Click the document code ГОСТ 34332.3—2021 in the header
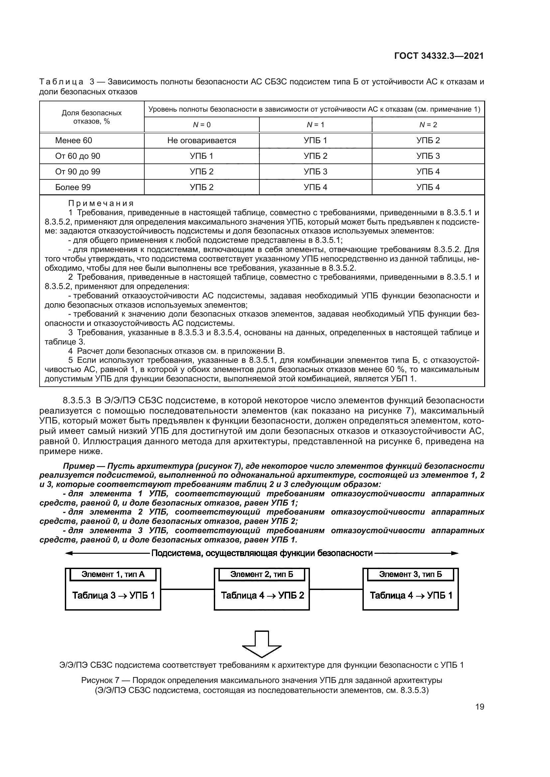pyautogui.click(x=439, y=56)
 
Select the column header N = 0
pyautogui.click(x=202, y=125)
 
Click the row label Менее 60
pyautogui.click(x=73, y=141)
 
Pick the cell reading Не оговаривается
pyautogui.click(x=202, y=141)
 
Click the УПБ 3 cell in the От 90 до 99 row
pyautogui.click(x=315, y=171)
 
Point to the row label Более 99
pyautogui.click(x=73, y=187)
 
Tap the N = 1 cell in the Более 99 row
pyautogui.click(x=315, y=187)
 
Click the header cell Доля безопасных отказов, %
pyautogui.click(x=91, y=117)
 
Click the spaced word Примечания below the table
pyautogui.click(x=101, y=203)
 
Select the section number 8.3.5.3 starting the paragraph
pyautogui.click(x=76, y=401)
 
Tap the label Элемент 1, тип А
pyautogui.click(x=113, y=574)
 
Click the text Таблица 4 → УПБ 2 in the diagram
pyautogui.click(x=262, y=595)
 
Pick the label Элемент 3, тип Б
pyautogui.click(x=410, y=574)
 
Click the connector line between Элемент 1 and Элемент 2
pyautogui.click(x=187, y=589)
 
